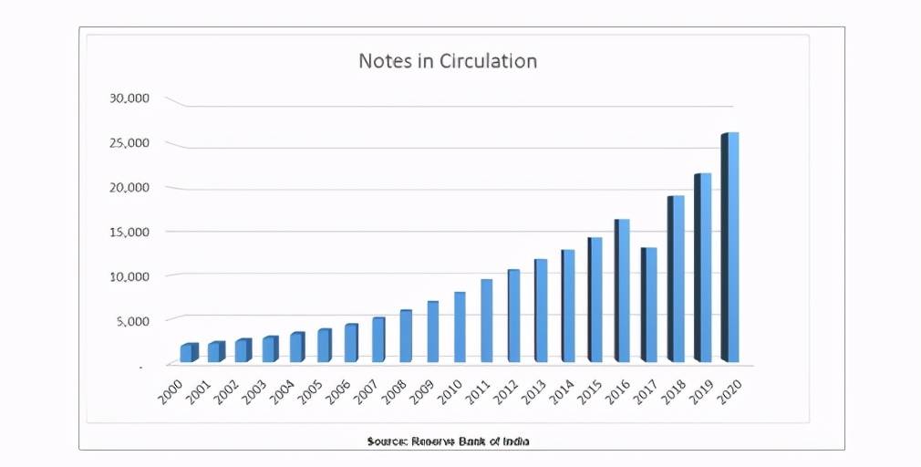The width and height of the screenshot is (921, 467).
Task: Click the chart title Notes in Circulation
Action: (x=448, y=61)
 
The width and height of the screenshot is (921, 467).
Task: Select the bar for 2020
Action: (x=730, y=247)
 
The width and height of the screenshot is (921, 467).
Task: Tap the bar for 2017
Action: (x=648, y=305)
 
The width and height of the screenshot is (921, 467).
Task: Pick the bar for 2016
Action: (x=622, y=290)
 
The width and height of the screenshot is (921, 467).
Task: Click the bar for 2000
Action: (x=189, y=352)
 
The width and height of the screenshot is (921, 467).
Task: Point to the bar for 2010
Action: (x=460, y=327)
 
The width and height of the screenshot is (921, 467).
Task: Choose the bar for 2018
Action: (x=676, y=278)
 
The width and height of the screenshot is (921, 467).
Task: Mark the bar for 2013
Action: (x=541, y=310)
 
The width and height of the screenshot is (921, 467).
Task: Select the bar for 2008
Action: (x=406, y=336)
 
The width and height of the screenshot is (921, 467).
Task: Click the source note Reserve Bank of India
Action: (x=448, y=441)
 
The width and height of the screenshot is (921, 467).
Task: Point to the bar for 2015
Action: (x=595, y=299)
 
